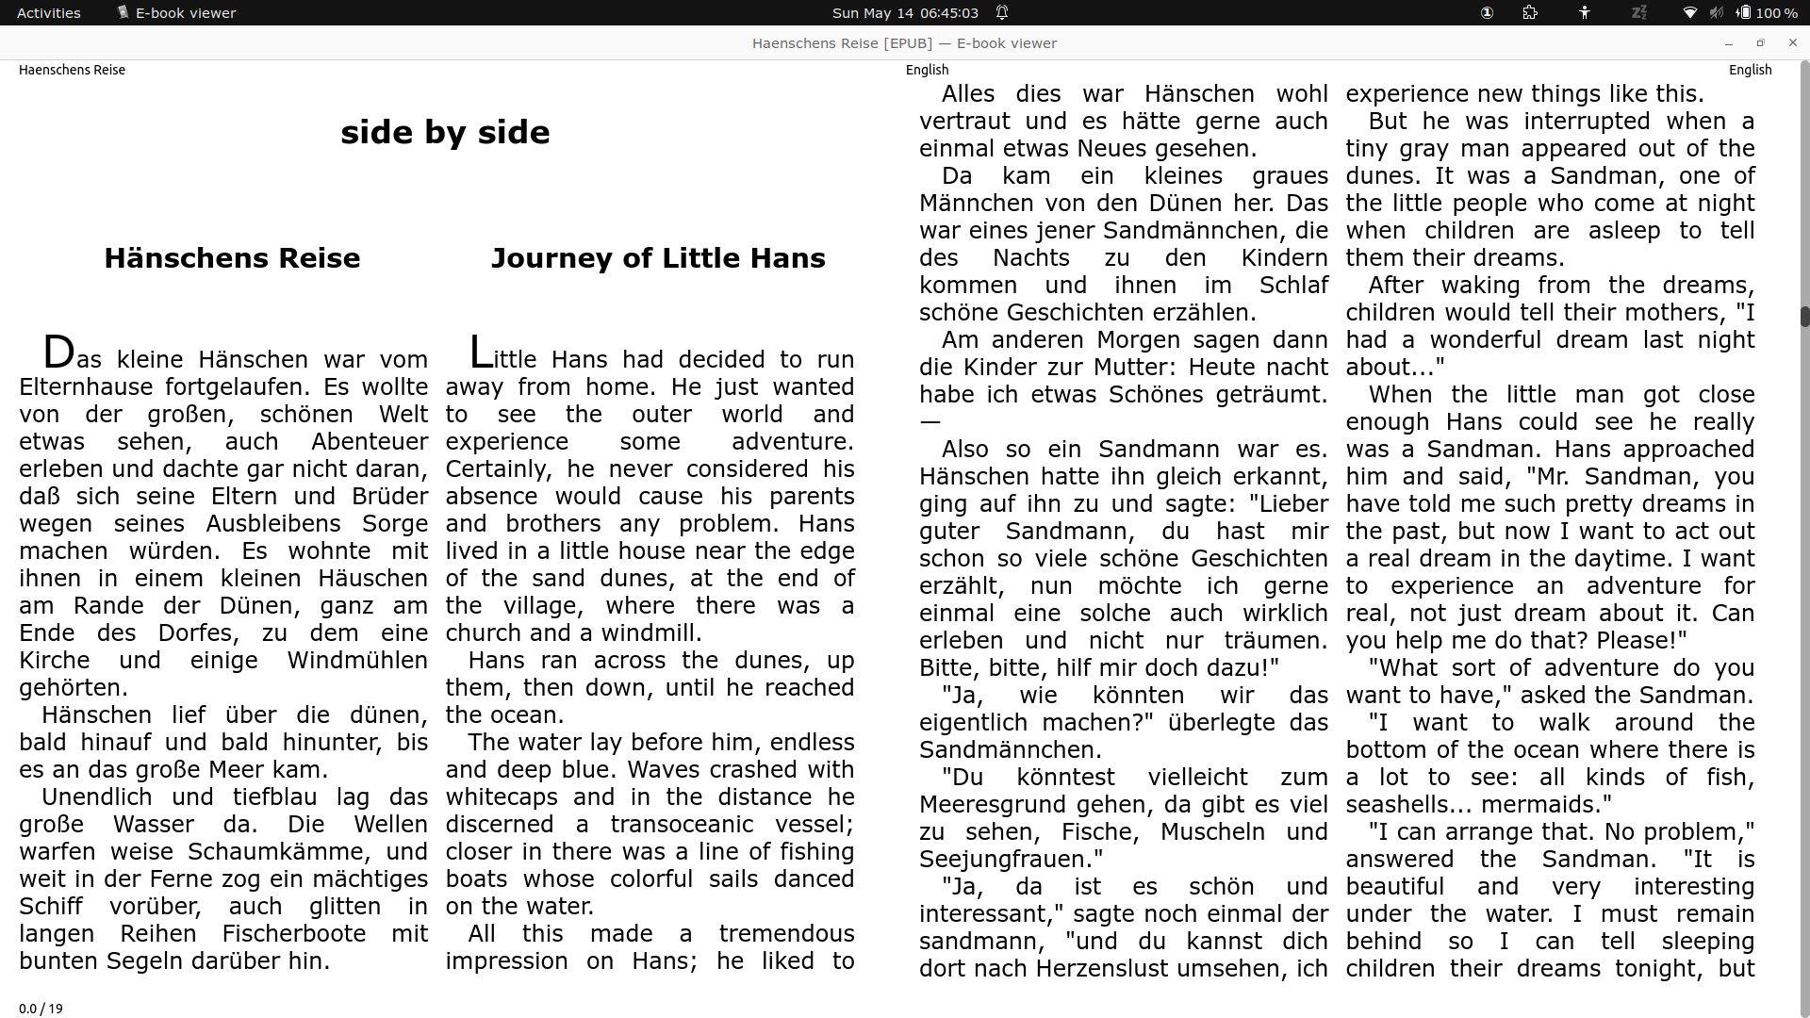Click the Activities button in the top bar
click(x=49, y=13)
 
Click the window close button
click(x=1793, y=42)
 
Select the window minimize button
click(x=1729, y=43)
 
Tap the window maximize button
click(x=1760, y=42)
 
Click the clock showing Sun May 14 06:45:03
click(x=905, y=13)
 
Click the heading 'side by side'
click(x=445, y=132)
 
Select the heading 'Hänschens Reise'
click(x=232, y=258)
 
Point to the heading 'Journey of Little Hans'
click(x=658, y=258)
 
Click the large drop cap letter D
click(x=58, y=353)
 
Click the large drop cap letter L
click(x=481, y=353)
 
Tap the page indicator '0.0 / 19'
click(x=41, y=1009)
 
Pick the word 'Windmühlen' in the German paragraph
click(x=357, y=661)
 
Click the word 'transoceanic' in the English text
click(x=682, y=825)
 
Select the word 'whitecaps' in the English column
click(x=501, y=797)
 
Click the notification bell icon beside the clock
click(x=1002, y=13)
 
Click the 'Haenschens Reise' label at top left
click(x=72, y=70)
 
